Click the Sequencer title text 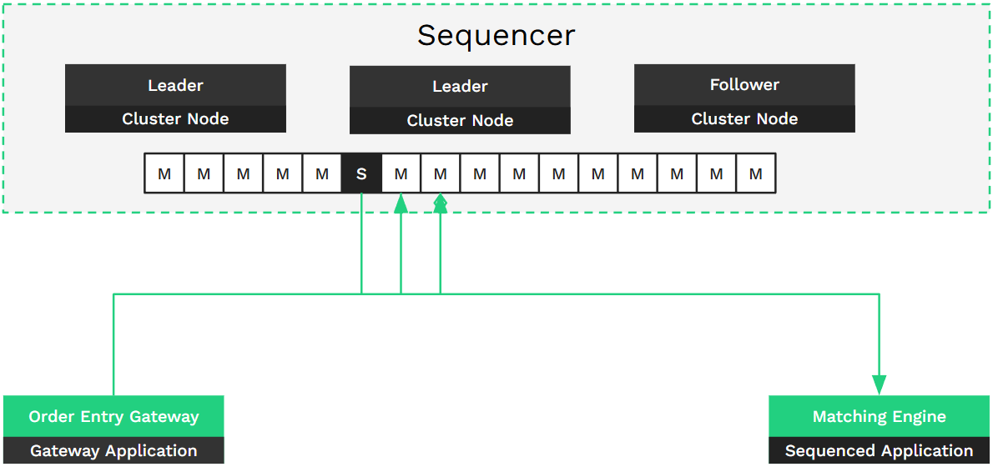coord(496,36)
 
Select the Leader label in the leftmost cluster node coord(175,85)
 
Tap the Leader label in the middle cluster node coord(460,86)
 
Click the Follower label coord(744,84)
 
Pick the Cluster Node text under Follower coord(744,118)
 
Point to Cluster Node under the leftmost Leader coord(175,118)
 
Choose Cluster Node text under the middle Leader coord(460,120)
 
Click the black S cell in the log coord(361,173)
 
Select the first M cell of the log coord(164,173)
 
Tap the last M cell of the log coord(755,173)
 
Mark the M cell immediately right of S coord(401,173)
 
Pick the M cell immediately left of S coord(322,173)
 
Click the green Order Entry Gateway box coord(113,416)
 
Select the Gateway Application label coord(113,451)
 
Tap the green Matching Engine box coord(880,416)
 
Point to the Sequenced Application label coord(880,451)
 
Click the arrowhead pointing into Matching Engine coord(880,384)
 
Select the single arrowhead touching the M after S coord(401,204)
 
